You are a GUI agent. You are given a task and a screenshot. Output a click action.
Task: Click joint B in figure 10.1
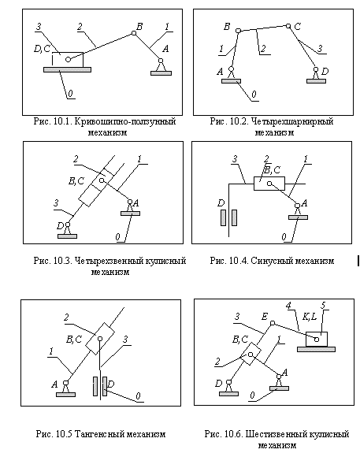[134, 33]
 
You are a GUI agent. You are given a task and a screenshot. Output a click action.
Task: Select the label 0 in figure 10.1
[70, 94]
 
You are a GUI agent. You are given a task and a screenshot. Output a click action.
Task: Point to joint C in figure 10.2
[288, 26]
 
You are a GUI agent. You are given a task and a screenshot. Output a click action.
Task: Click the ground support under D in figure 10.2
[316, 81]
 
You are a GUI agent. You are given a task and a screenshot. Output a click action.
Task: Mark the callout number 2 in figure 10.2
[263, 49]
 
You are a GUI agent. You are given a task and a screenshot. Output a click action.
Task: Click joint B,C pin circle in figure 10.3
[102, 180]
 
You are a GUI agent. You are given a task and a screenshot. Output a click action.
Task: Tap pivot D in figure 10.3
[68, 225]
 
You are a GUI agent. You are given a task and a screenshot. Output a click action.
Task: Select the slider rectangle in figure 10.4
[269, 184]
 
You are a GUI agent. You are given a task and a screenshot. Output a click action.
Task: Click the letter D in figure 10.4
[221, 203]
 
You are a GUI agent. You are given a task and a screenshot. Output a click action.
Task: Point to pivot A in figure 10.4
[297, 206]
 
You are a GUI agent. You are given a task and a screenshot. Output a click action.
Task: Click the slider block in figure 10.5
[100, 339]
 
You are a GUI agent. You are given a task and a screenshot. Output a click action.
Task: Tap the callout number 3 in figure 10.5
[125, 340]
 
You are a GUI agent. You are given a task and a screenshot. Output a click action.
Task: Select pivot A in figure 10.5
[66, 383]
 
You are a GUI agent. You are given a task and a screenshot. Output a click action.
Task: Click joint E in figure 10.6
[273, 323]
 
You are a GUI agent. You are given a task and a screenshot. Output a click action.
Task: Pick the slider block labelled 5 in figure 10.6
[317, 340]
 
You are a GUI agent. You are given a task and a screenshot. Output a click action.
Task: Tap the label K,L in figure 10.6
[310, 317]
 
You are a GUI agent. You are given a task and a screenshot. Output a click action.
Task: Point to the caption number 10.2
[239, 121]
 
